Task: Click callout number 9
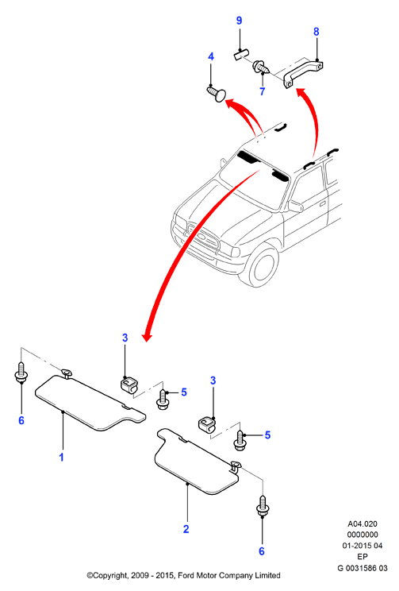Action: coord(239,21)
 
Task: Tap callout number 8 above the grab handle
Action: coord(317,32)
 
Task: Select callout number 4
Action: coord(211,56)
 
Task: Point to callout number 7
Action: coord(263,91)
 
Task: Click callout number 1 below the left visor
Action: coord(61,458)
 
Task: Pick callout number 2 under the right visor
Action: coord(186,529)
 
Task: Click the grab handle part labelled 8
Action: coord(303,73)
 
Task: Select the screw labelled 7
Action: coord(262,68)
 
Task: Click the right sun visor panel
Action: coord(196,461)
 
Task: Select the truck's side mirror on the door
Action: coord(296,206)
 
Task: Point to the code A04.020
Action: coord(362,524)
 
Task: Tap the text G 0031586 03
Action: coord(362,568)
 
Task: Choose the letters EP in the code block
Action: coord(362,557)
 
